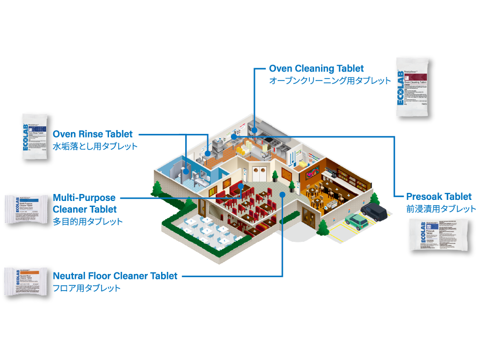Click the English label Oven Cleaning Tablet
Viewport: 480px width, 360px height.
[x=316, y=69]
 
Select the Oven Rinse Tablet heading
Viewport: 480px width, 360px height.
[x=92, y=134]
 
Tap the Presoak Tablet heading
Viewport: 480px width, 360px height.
[x=439, y=197]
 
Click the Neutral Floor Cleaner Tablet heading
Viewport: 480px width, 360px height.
[x=115, y=276]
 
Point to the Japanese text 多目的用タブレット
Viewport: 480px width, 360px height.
[x=88, y=221]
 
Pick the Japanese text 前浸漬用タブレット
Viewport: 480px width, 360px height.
[x=441, y=208]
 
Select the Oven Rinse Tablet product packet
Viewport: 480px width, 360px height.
[x=36, y=137]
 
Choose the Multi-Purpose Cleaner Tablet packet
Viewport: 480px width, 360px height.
[x=27, y=210]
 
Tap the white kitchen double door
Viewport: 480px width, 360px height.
[x=259, y=173]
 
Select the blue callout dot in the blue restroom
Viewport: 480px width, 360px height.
[x=186, y=171]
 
